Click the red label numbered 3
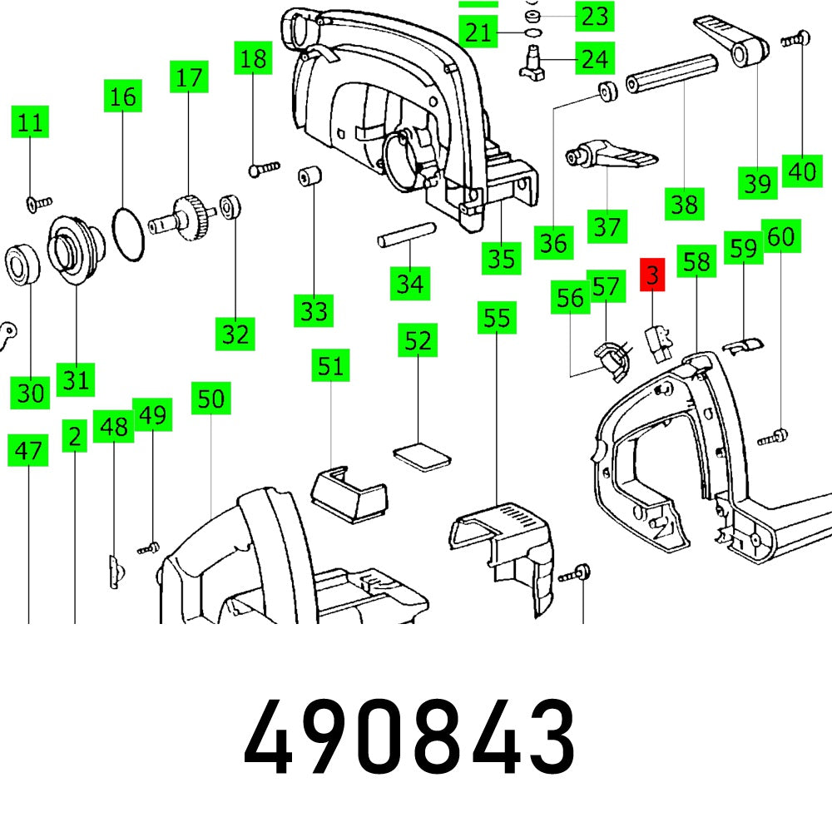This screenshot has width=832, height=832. point(652,275)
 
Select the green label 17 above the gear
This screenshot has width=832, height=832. point(189,78)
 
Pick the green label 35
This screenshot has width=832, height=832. point(501,258)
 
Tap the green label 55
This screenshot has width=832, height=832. point(497,317)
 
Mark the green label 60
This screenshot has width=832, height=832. point(780,237)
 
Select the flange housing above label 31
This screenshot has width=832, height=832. point(75,249)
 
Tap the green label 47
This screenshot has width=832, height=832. point(29,452)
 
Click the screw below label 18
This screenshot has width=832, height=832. point(263,169)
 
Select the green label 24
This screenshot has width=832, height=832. point(594,59)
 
